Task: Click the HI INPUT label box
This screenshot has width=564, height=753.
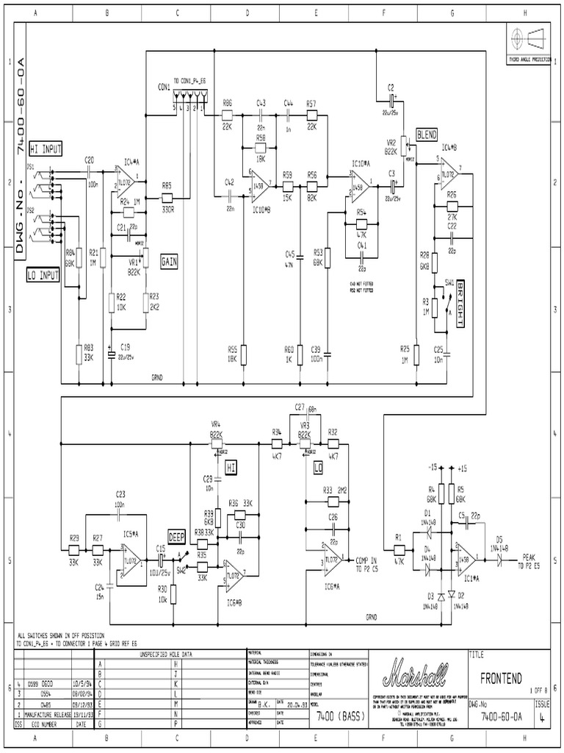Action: tap(46, 149)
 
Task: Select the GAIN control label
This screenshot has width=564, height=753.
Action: tap(169, 260)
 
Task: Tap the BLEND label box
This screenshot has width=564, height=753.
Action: tap(427, 135)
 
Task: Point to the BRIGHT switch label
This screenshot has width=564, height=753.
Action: tap(460, 302)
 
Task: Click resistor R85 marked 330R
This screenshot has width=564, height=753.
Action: tap(167, 198)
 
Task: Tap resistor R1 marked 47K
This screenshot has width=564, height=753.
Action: tap(399, 549)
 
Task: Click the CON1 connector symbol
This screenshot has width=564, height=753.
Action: tap(189, 99)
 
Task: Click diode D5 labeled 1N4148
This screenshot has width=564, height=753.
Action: tap(499, 559)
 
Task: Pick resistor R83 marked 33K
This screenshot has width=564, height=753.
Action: tap(79, 355)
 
